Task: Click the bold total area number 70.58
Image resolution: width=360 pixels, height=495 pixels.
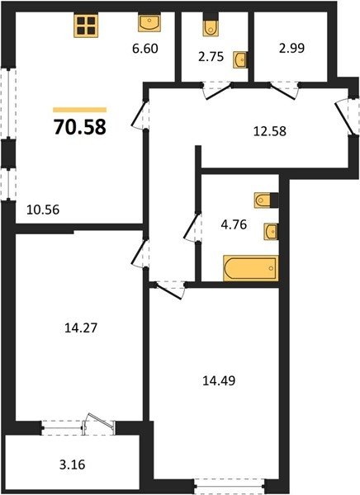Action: pyautogui.click(x=80, y=127)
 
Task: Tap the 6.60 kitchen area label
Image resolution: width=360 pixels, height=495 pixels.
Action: pyautogui.click(x=145, y=49)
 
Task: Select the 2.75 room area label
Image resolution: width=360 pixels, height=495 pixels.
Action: pyautogui.click(x=211, y=57)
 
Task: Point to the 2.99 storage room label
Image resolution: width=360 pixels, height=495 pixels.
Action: pyautogui.click(x=291, y=49)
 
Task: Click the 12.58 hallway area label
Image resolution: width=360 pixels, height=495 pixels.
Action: pyautogui.click(x=270, y=131)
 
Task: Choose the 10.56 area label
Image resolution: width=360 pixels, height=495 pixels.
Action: pyautogui.click(x=43, y=210)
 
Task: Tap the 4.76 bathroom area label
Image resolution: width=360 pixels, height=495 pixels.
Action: pyautogui.click(x=234, y=224)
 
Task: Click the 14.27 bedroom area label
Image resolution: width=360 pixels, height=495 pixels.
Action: pyautogui.click(x=81, y=328)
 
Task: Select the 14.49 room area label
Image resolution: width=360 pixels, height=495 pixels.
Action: pyautogui.click(x=219, y=380)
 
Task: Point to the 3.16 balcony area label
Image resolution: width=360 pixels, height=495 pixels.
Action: pyautogui.click(x=73, y=464)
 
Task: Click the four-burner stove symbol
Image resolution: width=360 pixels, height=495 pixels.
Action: pyautogui.click(x=86, y=26)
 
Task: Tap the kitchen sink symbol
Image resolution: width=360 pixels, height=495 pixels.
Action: pyautogui.click(x=149, y=23)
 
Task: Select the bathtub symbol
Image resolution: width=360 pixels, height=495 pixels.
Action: pyautogui.click(x=251, y=268)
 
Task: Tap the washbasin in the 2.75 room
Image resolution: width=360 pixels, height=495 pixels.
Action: pyautogui.click(x=240, y=59)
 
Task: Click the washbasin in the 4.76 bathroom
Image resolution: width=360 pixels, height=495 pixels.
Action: pyautogui.click(x=271, y=232)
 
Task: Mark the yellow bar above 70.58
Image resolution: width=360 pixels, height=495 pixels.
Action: pyautogui.click(x=79, y=110)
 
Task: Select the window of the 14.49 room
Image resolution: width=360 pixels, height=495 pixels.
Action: pyautogui.click(x=230, y=487)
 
